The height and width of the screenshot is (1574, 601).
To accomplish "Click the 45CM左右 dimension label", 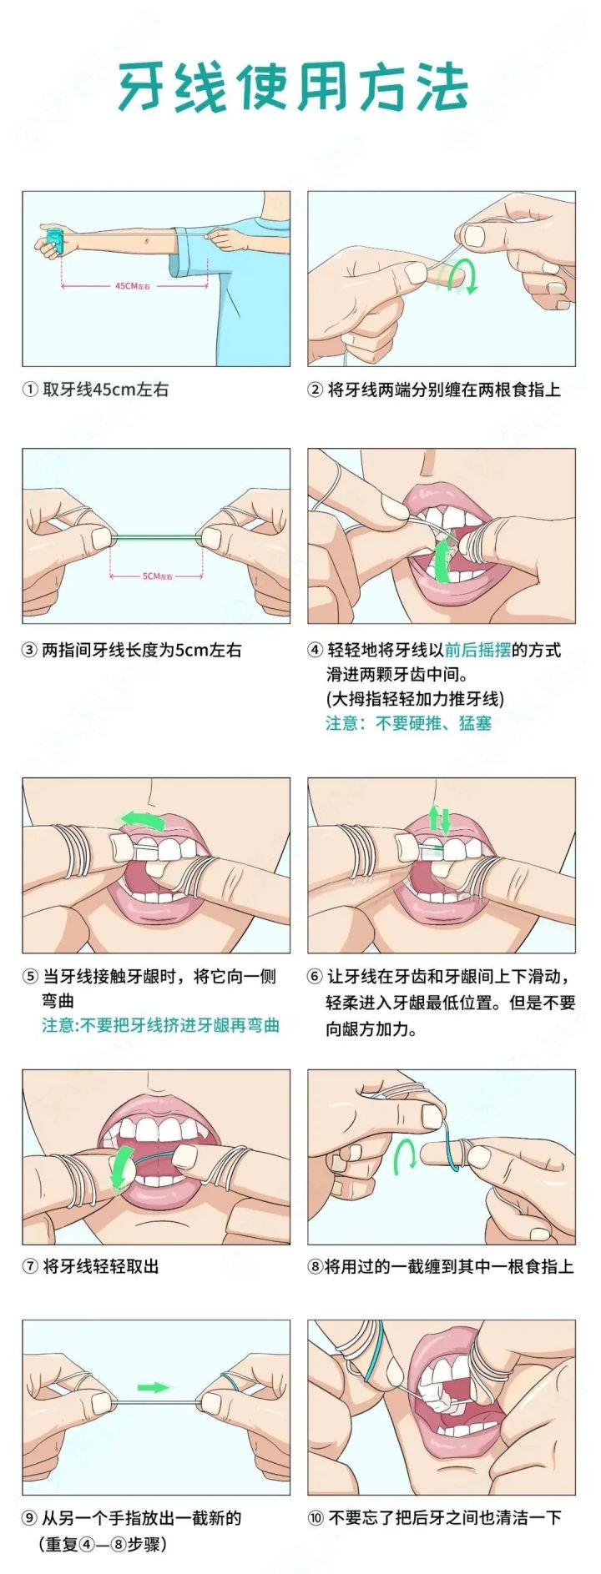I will (133, 286).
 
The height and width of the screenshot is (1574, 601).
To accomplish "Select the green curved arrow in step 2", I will (461, 276).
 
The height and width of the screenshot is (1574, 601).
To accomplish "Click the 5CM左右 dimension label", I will (156, 576).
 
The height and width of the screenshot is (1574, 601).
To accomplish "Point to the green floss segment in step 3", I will (156, 536).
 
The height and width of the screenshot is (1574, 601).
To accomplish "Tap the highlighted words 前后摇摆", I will (477, 651).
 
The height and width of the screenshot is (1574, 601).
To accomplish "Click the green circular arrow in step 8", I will (406, 1156).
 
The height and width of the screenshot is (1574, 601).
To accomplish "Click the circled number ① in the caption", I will (30, 390).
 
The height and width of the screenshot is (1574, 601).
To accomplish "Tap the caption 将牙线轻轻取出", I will (100, 1266).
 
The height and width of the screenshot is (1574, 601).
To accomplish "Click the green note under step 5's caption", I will (160, 1025).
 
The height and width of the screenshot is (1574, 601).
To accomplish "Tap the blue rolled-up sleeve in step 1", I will (189, 251).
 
